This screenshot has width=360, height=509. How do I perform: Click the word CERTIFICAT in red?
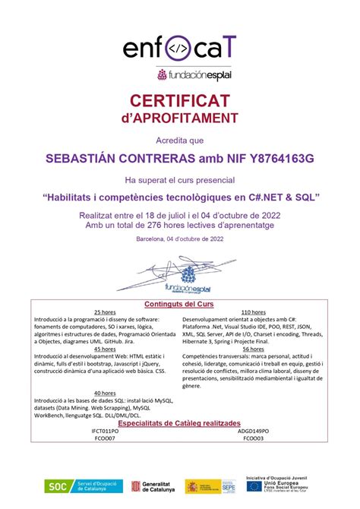coord(179,101)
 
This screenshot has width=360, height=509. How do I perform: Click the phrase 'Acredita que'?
coord(179,140)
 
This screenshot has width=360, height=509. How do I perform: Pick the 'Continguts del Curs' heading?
coord(179,304)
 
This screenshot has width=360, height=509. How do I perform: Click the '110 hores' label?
coord(252,312)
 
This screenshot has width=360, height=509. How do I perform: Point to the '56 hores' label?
coord(252,349)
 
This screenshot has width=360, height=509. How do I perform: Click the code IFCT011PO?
coord(106,430)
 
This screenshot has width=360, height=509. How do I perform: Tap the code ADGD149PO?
coord(253,430)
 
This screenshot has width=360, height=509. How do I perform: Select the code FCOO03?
coord(253,438)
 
